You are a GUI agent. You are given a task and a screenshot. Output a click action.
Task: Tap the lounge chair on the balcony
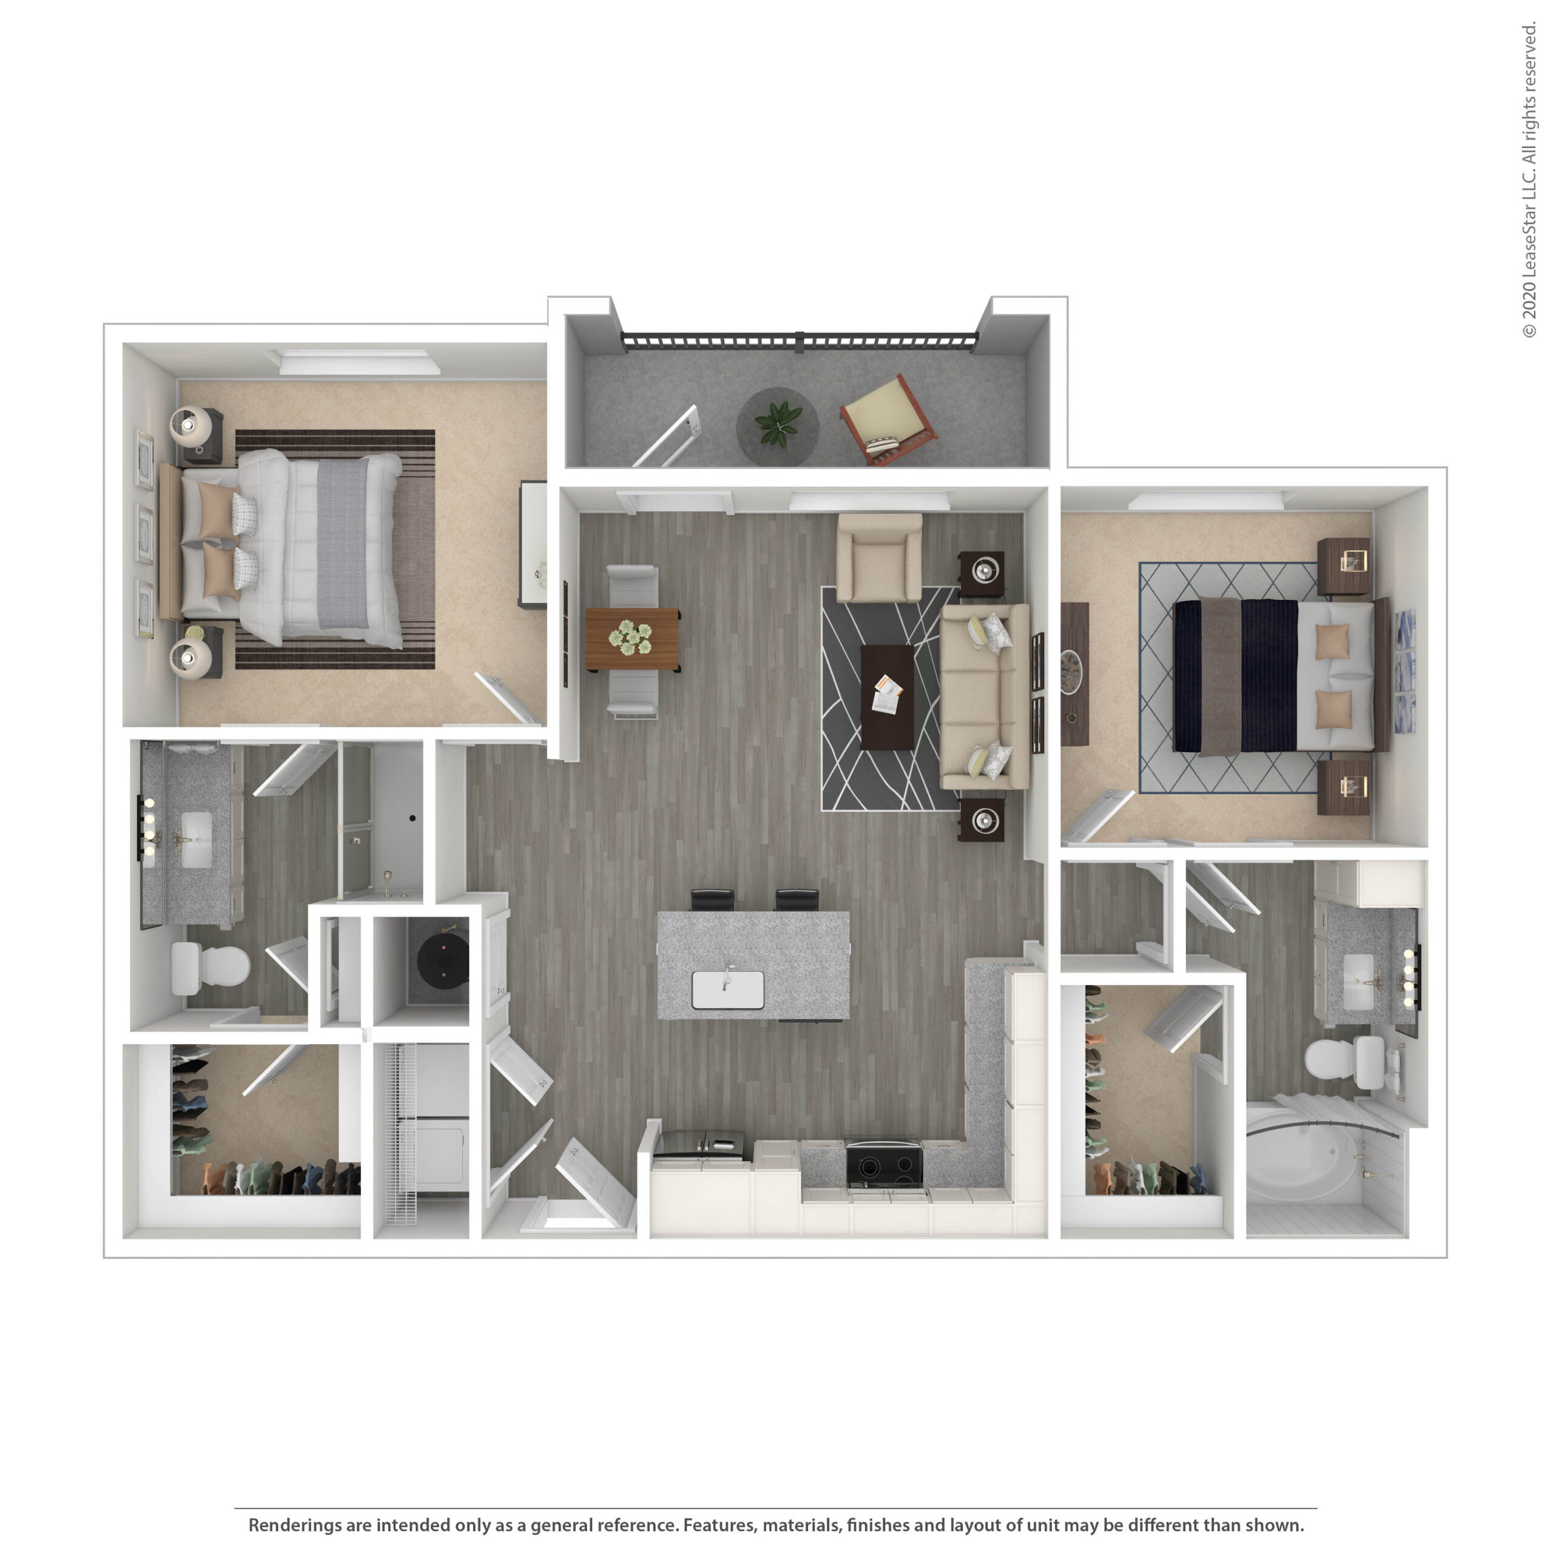(x=888, y=419)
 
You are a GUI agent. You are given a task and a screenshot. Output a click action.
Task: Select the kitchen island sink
(x=727, y=989)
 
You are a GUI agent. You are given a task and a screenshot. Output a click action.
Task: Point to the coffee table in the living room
(x=887, y=697)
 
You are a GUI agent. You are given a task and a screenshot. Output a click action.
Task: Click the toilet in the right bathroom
(x=1344, y=1058)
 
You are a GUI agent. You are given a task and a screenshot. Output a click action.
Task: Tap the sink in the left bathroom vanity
(x=196, y=839)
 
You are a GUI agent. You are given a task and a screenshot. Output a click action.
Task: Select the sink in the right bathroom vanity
(x=1359, y=982)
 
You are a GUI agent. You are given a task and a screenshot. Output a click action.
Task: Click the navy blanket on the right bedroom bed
(x=1269, y=675)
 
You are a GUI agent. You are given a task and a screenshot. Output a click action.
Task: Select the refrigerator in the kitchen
(x=702, y=1145)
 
